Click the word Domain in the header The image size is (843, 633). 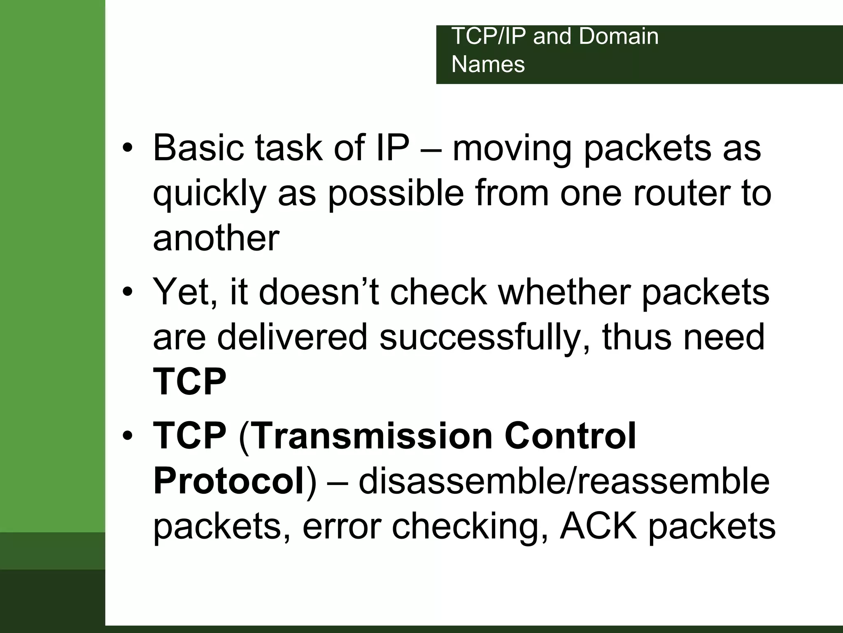[x=619, y=36]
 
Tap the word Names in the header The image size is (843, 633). [x=488, y=65]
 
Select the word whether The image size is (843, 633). [x=564, y=292]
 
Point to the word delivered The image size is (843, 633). [x=292, y=337]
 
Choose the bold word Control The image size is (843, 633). [x=570, y=436]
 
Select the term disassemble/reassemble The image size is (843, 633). [x=564, y=481]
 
